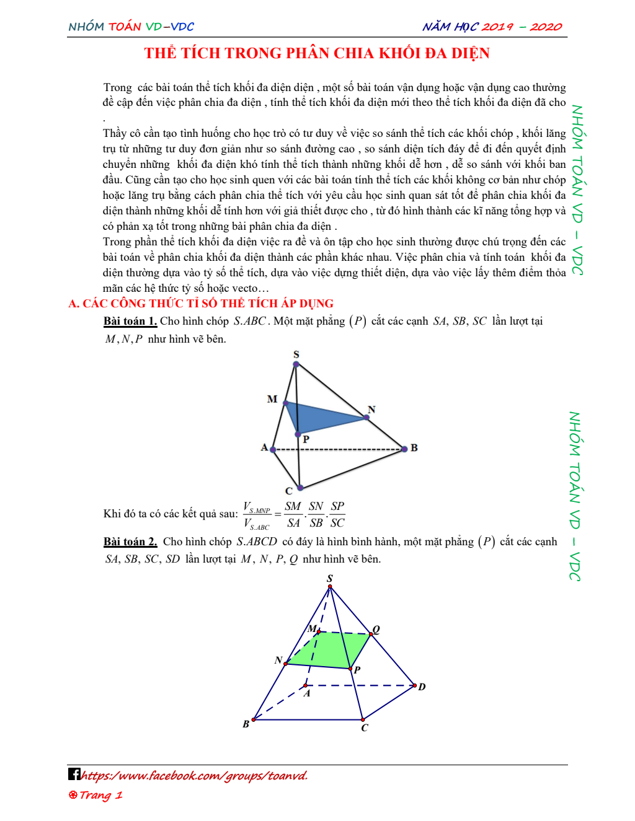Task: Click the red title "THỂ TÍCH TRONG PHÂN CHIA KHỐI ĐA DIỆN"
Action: point(317,53)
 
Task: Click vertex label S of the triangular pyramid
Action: point(296,354)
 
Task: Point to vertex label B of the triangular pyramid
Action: point(414,447)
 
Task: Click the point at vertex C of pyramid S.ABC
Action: point(300,488)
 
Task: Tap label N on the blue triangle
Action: point(371,409)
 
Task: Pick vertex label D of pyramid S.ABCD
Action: point(422,687)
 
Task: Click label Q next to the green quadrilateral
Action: point(376,630)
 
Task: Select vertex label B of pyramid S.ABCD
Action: point(246,724)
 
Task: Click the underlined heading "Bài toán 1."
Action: point(130,321)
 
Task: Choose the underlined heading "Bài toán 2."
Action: point(130,542)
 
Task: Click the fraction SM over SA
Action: point(293,514)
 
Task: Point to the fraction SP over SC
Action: point(337,514)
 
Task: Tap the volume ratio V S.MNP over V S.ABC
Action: point(257,515)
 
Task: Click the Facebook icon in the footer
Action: point(74,774)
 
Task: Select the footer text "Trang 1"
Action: point(96,795)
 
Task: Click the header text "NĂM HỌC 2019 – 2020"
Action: point(492,27)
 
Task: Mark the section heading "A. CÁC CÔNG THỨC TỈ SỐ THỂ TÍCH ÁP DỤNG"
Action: point(201,304)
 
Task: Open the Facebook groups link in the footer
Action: point(195,775)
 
